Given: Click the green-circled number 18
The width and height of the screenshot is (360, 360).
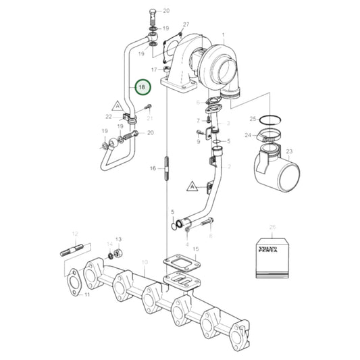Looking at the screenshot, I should pyautogui.click(x=142, y=88).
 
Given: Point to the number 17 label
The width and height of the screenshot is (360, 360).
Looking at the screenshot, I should pyautogui.click(x=155, y=70).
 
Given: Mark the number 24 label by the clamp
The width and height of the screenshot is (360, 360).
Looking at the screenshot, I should pyautogui.click(x=247, y=135).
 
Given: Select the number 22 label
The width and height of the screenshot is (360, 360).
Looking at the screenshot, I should pyautogui.click(x=118, y=117).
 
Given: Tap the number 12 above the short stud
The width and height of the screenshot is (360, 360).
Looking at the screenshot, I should pyautogui.click(x=75, y=234).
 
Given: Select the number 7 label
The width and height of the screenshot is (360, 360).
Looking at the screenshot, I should pyautogui.click(x=199, y=120).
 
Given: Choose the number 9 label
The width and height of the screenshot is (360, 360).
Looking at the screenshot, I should pyautogui.click(x=199, y=142).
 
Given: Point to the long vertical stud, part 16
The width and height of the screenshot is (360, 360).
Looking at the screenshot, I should pyautogui.click(x=165, y=168).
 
